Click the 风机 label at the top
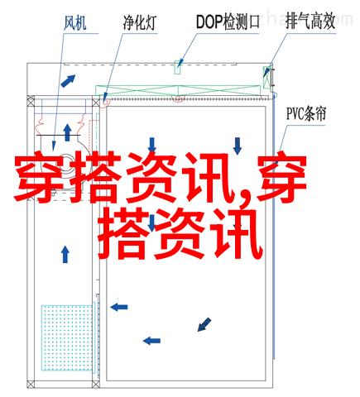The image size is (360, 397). (75, 23)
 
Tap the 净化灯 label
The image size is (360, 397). (140, 22)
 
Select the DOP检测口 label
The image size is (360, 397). (228, 22)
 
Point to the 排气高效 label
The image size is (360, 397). (310, 22)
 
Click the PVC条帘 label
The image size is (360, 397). (306, 114)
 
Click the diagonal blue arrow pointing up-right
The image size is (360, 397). (68, 81)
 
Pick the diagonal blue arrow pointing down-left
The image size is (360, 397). (204, 324)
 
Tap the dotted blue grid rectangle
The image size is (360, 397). (66, 337)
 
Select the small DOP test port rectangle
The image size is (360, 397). (177, 67)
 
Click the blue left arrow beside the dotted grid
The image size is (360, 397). (119, 307)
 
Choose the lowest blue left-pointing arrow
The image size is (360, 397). (151, 341)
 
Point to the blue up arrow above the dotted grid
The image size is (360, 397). (65, 255)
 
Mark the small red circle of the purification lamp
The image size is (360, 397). (106, 103)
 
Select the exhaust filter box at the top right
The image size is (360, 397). (266, 77)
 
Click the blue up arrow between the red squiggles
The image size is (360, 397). (67, 132)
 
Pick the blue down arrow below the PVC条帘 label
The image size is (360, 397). (238, 146)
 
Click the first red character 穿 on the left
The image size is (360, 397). (39, 177)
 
